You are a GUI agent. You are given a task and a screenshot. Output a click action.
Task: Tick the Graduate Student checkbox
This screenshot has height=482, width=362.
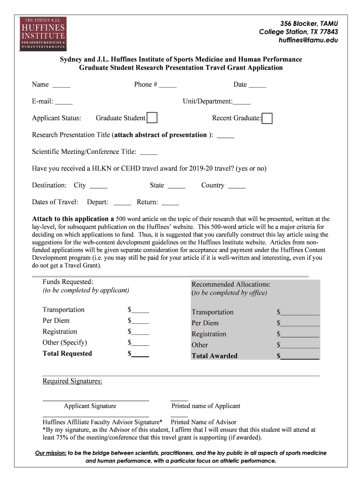click(152, 118)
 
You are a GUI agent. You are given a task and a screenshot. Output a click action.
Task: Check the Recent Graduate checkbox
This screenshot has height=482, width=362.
click(267, 118)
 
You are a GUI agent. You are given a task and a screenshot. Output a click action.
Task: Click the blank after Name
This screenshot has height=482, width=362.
click(61, 85)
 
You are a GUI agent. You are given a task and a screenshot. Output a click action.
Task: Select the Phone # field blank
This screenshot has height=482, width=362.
click(168, 85)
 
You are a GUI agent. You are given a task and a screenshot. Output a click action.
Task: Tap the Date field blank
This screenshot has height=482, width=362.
click(257, 85)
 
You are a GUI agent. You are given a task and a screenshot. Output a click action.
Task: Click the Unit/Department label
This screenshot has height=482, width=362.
click(207, 101)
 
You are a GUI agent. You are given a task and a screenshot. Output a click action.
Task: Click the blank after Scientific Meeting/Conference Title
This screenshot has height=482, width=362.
click(149, 152)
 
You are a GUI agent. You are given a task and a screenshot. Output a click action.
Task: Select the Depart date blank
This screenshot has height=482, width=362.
click(122, 203)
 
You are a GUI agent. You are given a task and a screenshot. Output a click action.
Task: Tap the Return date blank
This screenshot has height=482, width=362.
click(170, 203)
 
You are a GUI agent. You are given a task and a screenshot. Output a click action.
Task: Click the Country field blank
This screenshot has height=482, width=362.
click(236, 186)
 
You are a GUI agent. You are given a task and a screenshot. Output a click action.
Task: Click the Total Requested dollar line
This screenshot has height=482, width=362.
click(141, 354)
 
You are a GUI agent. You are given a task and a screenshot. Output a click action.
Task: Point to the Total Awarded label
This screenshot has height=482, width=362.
click(214, 356)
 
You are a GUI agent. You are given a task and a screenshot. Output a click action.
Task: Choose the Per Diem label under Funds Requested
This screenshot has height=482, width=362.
click(56, 321)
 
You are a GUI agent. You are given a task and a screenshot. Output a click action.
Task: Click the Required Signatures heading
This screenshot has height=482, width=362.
click(72, 381)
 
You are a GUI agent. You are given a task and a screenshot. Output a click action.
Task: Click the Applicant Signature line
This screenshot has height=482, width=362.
click(96, 399)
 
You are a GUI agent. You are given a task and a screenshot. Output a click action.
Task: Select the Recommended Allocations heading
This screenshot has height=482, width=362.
click(231, 284)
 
